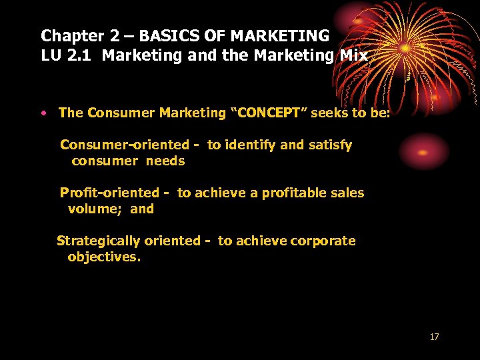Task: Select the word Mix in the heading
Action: click(353, 55)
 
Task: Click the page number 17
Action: click(434, 337)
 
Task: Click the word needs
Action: click(165, 161)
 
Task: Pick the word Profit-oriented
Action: click(110, 193)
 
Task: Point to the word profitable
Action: click(295, 193)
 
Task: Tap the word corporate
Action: click(323, 241)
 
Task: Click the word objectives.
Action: click(104, 257)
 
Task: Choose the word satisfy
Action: click(331, 145)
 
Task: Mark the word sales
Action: click(347, 193)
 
